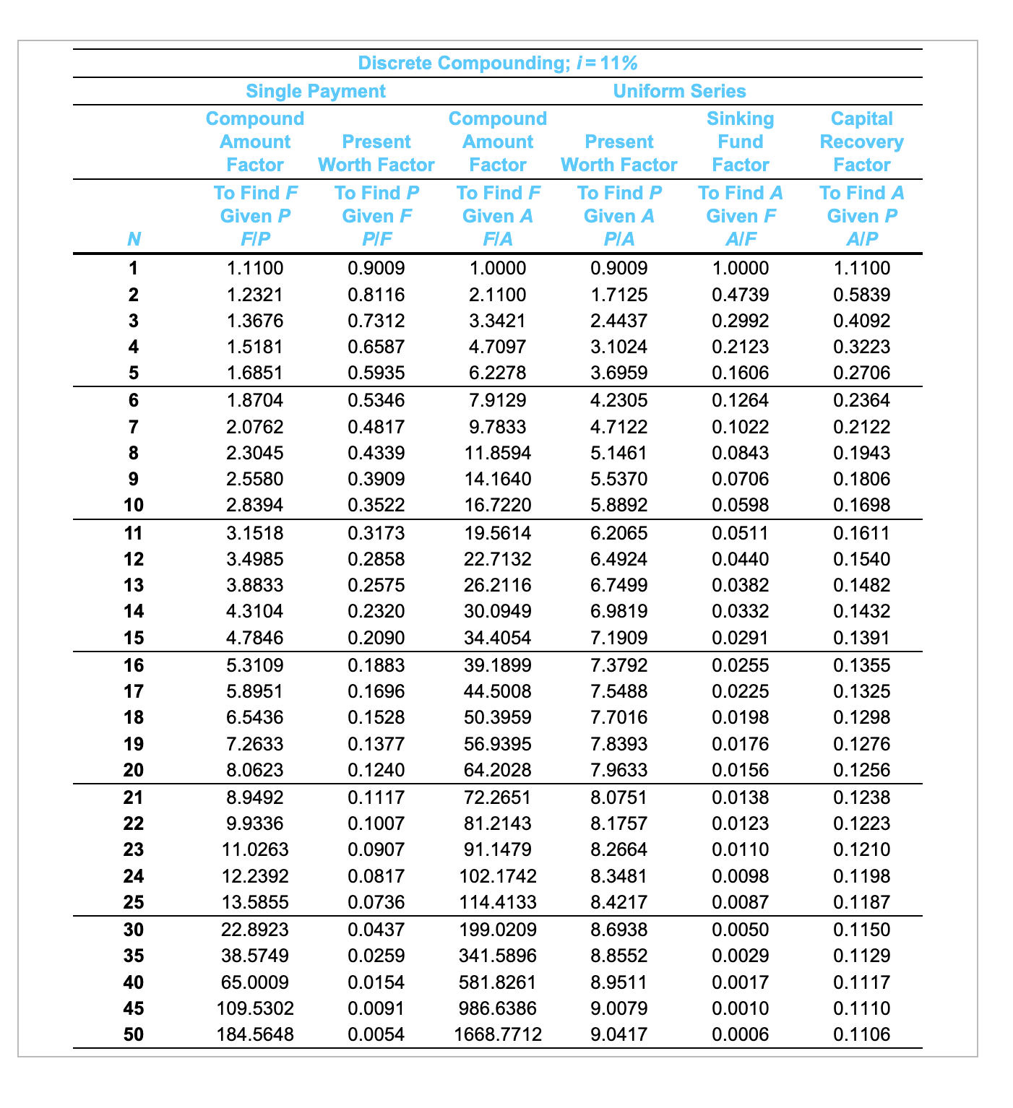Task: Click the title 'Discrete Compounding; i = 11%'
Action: pos(497,64)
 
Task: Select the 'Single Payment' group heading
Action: pos(316,91)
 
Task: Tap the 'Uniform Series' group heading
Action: pos(679,91)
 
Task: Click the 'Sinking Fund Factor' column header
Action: pos(740,142)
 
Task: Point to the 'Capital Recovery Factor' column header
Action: pos(861,142)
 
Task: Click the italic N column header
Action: pos(134,239)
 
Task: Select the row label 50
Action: pos(134,1034)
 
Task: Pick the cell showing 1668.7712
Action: pos(497,1034)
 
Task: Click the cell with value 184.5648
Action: pos(255,1034)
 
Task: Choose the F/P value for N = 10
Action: pos(255,505)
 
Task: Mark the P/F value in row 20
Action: pos(376,770)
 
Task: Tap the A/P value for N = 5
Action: pos(861,373)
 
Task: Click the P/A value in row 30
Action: pos(619,930)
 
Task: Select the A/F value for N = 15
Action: pos(740,638)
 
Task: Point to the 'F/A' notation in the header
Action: pos(497,239)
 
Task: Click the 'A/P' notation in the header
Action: pos(861,239)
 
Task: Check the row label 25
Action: pos(134,902)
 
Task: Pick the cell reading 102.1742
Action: pos(497,876)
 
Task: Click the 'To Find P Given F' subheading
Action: pos(376,204)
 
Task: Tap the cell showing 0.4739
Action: pos(740,295)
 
